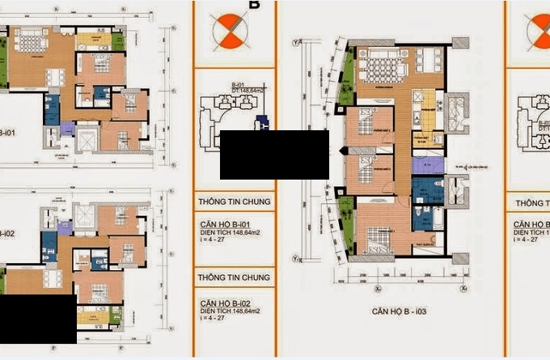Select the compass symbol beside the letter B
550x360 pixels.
227,32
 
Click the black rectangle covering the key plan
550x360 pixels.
274,155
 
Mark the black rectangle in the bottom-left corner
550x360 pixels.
38,320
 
